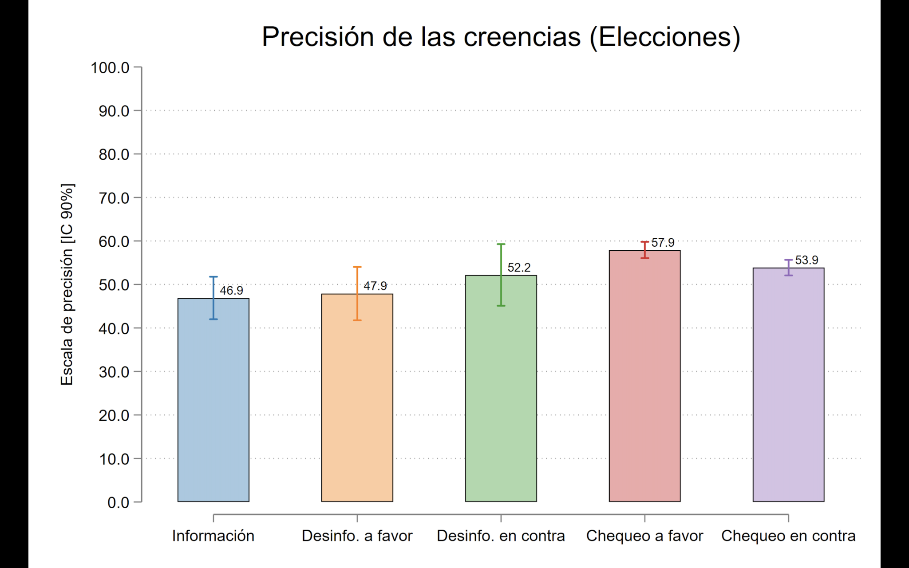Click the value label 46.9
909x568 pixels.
(x=231, y=291)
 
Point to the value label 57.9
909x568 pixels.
(x=663, y=243)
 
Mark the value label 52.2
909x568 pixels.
(x=519, y=268)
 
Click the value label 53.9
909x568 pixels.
(x=806, y=260)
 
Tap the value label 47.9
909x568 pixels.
(x=375, y=286)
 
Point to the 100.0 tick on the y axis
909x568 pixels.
(x=110, y=68)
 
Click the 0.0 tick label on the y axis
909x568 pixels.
(x=118, y=503)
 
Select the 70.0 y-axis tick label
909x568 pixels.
(x=114, y=198)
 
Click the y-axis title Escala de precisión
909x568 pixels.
(x=67, y=284)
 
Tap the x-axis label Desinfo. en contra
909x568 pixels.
(x=501, y=536)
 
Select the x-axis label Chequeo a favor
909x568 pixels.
(x=644, y=536)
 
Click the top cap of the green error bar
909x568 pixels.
(x=501, y=244)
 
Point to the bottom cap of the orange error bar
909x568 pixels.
(x=357, y=320)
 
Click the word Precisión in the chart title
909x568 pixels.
(x=317, y=37)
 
